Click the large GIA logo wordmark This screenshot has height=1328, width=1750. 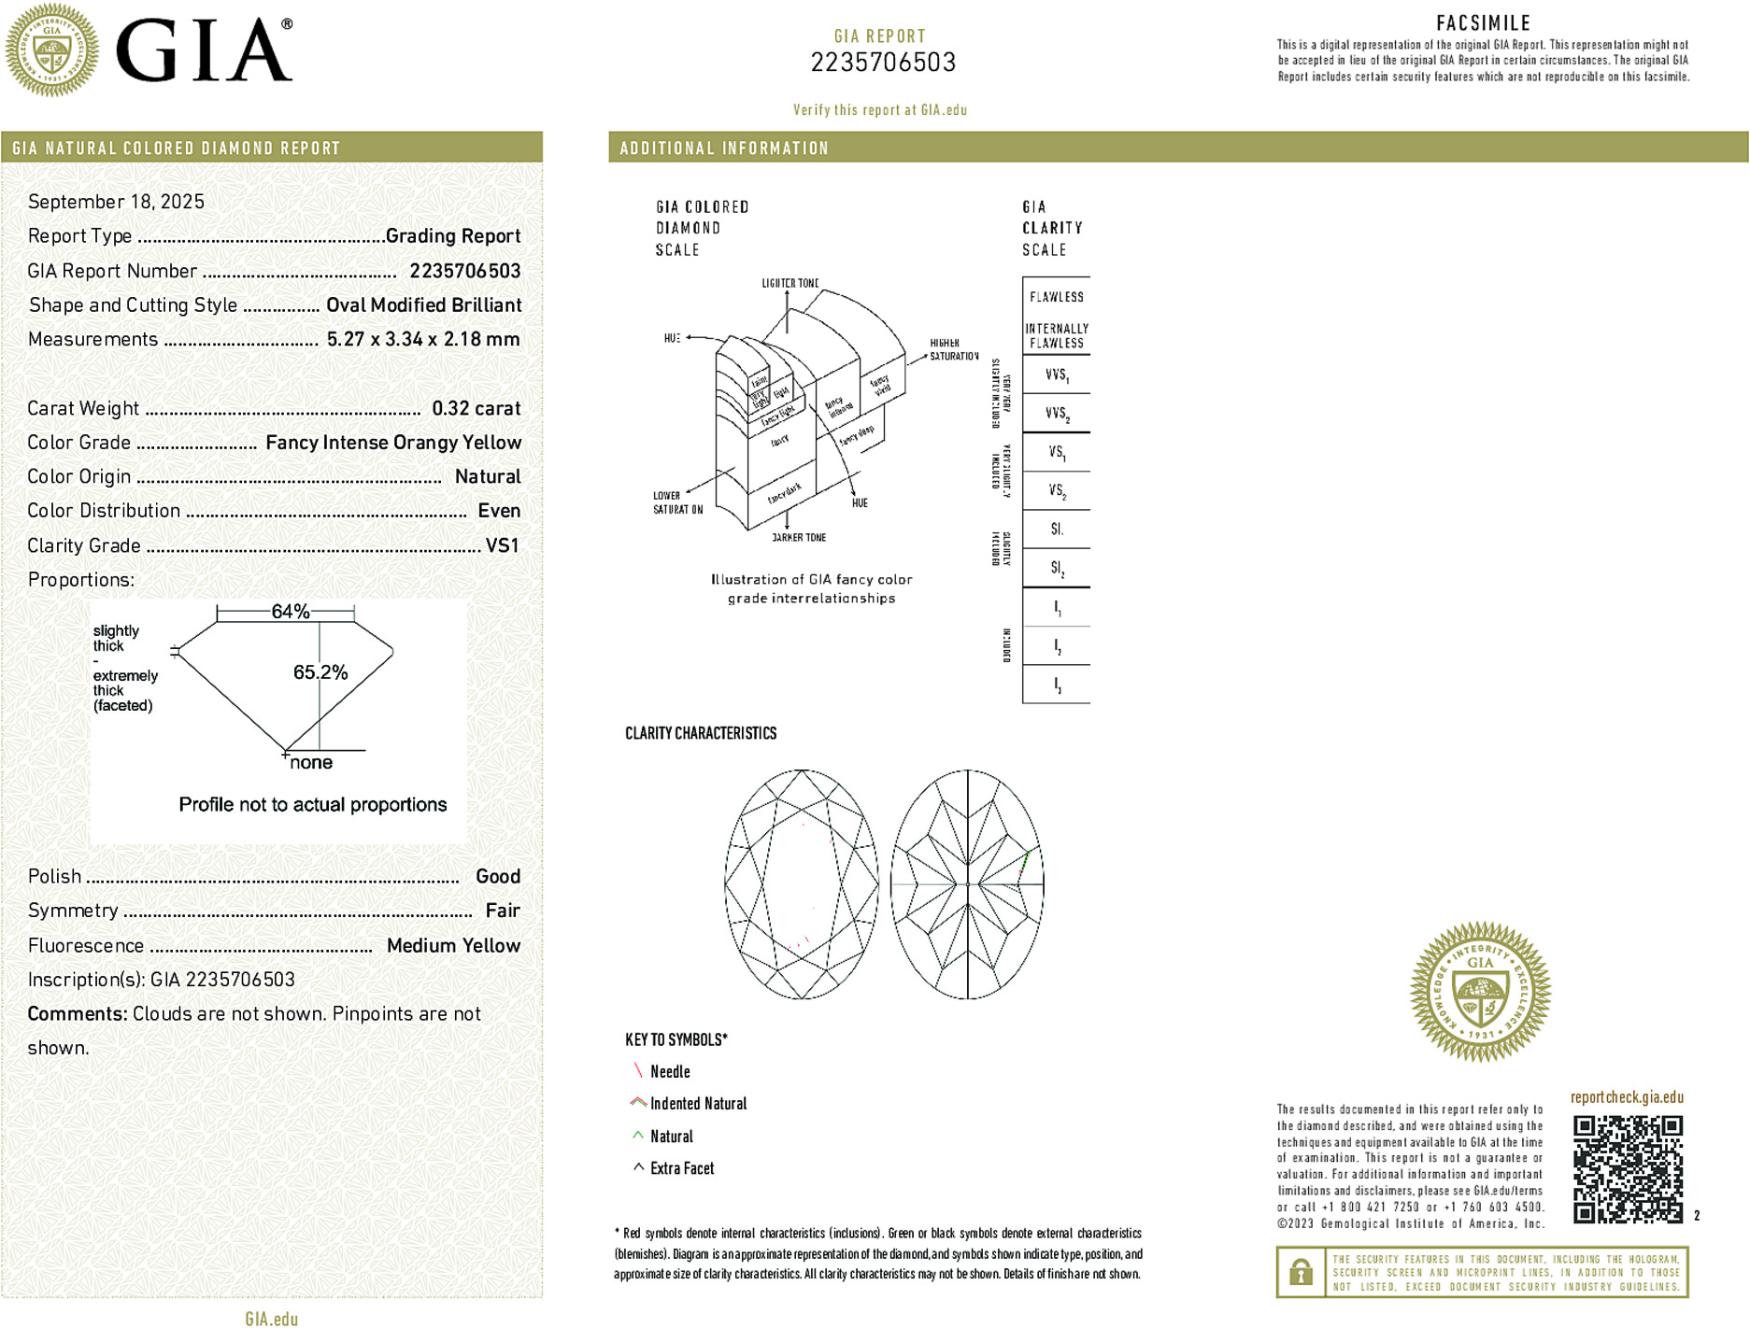(x=204, y=51)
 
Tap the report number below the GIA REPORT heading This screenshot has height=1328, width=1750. (x=883, y=63)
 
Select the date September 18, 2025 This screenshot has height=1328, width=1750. (x=116, y=202)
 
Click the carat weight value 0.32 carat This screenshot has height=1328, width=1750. (x=476, y=408)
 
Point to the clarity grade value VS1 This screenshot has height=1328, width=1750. (x=502, y=545)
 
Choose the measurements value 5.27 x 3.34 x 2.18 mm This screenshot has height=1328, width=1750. (x=422, y=339)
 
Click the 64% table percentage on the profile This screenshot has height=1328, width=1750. (x=290, y=612)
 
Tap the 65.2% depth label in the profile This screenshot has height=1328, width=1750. (x=320, y=672)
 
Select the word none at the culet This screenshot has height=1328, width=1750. (x=311, y=763)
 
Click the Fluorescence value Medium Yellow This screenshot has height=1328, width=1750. (x=453, y=945)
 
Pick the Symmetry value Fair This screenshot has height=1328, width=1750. (x=502, y=911)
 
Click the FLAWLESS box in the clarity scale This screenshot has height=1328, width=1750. (x=1056, y=297)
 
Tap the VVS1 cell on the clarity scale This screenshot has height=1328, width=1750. (x=1056, y=375)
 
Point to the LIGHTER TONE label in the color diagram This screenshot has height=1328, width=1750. (x=790, y=283)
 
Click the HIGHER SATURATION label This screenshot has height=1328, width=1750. (x=953, y=349)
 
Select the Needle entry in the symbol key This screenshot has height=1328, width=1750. (x=669, y=1072)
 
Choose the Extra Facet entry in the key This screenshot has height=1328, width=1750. (x=681, y=1168)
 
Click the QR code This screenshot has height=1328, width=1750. (x=1627, y=1168)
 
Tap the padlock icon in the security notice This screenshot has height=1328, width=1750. (x=1300, y=1272)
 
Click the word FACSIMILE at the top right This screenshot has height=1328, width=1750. (x=1483, y=23)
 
